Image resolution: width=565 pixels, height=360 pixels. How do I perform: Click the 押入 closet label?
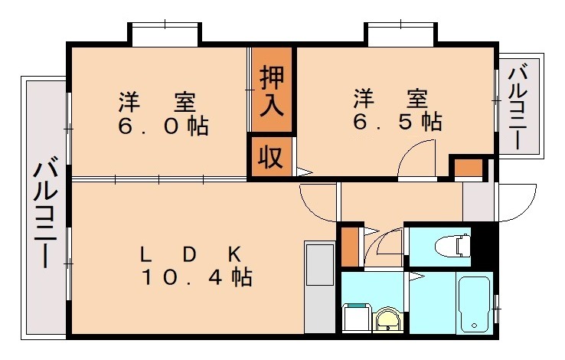point(272,90)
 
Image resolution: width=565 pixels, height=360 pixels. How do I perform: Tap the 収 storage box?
point(269,157)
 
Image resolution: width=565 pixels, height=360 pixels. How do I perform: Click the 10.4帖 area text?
point(197,277)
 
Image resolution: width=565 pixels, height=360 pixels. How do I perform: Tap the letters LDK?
point(191,253)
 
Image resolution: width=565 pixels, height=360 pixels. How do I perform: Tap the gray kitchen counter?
point(319,287)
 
